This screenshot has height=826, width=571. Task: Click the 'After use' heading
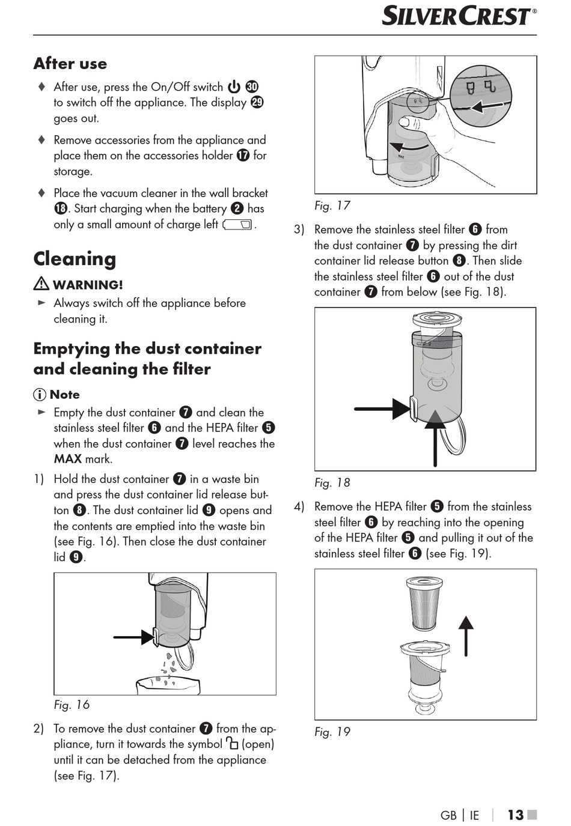tap(70, 64)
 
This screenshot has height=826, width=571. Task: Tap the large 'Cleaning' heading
tap(75, 259)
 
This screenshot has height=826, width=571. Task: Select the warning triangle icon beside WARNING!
tap(41, 284)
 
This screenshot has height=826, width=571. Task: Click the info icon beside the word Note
tap(40, 395)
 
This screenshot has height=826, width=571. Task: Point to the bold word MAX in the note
tap(67, 459)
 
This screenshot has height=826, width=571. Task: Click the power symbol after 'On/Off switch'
tap(234, 87)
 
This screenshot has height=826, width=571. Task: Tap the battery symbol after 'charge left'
tap(238, 225)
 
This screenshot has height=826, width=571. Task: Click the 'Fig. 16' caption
tap(72, 705)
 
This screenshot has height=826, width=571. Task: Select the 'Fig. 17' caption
tap(332, 205)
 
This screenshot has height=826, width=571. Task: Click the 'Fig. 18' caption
tap(332, 482)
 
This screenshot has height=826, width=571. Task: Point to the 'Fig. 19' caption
tap(332, 732)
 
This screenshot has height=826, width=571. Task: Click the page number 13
tap(515, 815)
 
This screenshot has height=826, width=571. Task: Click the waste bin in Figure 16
tap(168, 685)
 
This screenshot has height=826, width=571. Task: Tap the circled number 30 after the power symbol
tap(252, 87)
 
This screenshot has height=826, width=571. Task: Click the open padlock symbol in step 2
tap(232, 744)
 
